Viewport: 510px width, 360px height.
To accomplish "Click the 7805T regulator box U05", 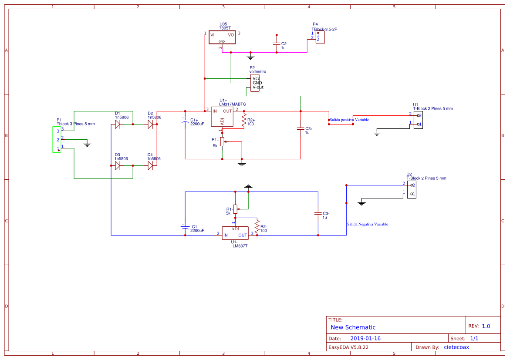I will (222, 37).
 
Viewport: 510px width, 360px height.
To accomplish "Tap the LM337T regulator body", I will (235, 232).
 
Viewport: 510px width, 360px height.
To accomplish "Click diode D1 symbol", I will (118, 124).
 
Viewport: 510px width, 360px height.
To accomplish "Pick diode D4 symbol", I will (150, 165).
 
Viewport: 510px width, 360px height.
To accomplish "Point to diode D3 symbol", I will (118, 165).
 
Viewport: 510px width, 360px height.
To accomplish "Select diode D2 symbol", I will (150, 124).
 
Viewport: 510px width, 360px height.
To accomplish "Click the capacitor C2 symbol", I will (276, 44).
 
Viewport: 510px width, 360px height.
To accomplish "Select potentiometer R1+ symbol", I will (222, 142).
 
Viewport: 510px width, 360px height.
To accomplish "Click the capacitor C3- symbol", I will (318, 213).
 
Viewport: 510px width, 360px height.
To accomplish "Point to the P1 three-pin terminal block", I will (56, 139).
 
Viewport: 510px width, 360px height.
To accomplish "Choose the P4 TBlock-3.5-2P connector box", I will (320, 37).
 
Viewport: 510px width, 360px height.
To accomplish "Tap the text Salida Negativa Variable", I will (367, 224).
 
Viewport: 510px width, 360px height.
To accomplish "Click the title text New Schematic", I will (353, 327).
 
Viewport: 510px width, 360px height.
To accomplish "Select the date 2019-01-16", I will (365, 338).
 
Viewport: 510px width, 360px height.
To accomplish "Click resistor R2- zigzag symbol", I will (257, 226).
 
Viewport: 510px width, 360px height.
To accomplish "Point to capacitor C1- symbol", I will (185, 227).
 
